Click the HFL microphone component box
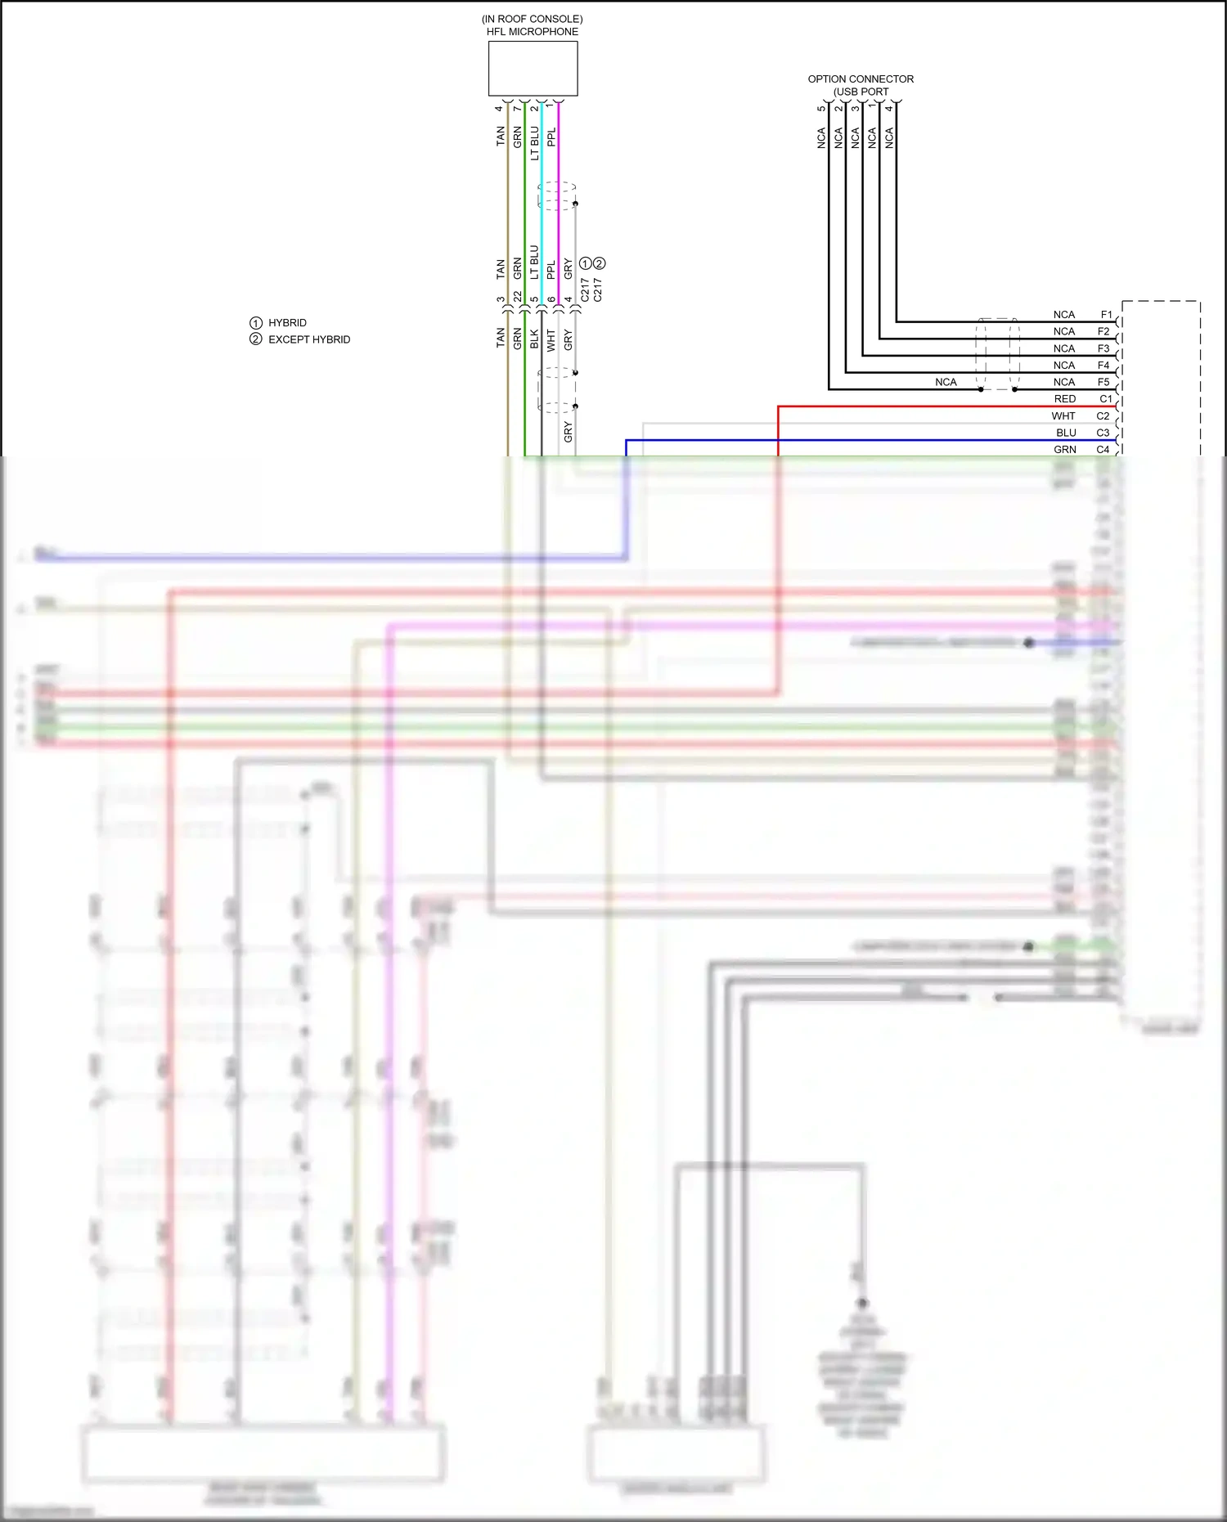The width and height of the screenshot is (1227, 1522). tap(533, 69)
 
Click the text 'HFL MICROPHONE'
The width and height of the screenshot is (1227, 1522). tap(533, 32)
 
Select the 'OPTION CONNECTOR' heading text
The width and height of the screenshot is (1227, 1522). tap(861, 79)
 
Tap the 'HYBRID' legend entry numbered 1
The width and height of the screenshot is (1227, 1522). tap(287, 323)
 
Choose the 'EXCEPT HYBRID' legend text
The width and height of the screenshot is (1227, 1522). tap(308, 339)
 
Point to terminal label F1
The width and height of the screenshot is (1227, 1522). tap(1106, 315)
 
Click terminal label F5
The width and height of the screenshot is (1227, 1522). tap(1103, 382)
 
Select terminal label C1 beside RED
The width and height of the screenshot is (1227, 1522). tap(1105, 399)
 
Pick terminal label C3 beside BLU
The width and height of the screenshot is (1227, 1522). tap(1103, 433)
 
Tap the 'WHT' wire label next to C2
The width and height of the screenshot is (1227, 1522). tap(1063, 416)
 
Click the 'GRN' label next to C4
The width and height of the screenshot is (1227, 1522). tap(1064, 450)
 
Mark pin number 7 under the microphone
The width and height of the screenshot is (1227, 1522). tap(517, 109)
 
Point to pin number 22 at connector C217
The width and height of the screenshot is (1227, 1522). tap(517, 298)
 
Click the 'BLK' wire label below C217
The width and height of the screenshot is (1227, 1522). tap(534, 339)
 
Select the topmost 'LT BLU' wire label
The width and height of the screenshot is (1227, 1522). tap(534, 143)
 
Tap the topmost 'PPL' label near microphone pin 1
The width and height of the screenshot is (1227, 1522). tap(551, 137)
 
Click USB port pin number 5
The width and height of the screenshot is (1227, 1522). tap(821, 109)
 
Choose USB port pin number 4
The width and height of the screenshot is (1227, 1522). tap(889, 109)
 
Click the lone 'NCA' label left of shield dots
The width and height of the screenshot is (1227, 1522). tap(946, 382)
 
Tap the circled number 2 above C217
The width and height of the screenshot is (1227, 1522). tap(600, 263)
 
